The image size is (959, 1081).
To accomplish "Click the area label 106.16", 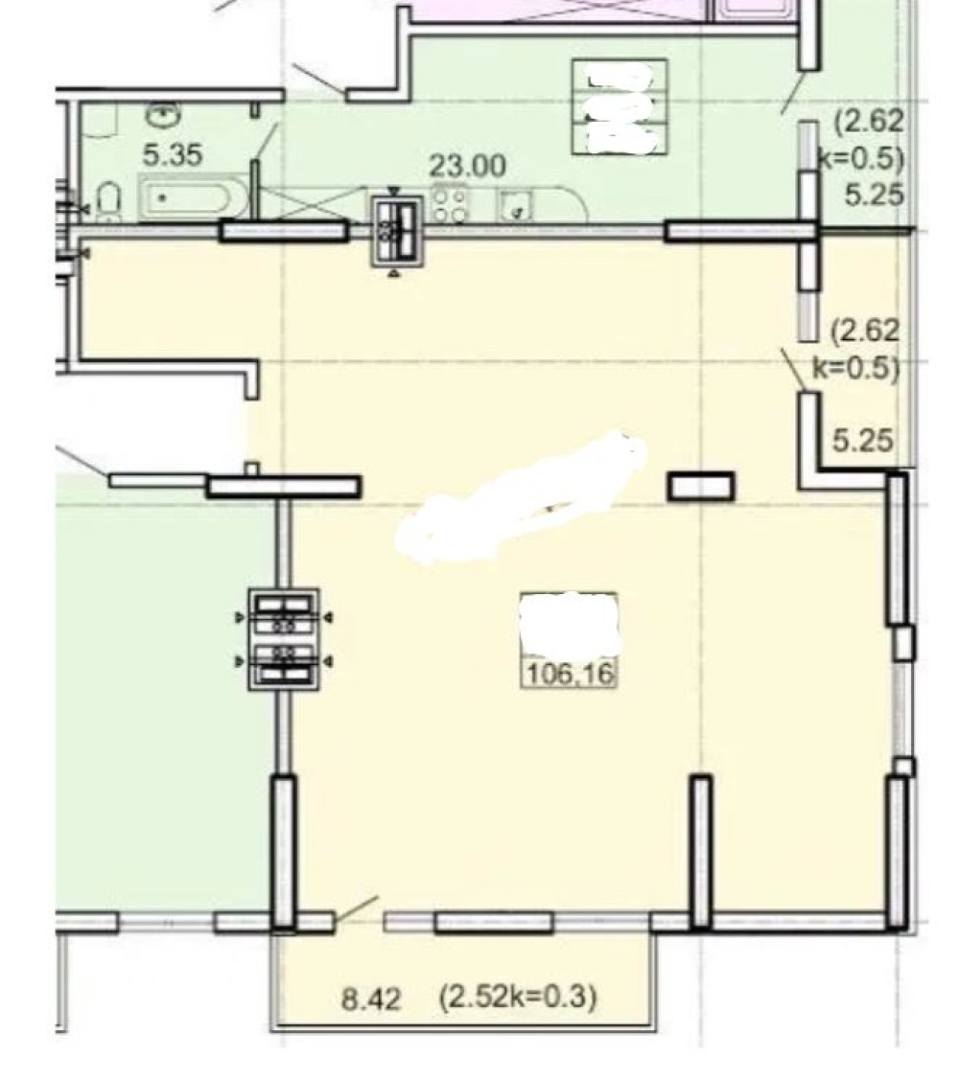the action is (570, 674).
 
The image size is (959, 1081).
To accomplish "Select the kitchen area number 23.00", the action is (468, 166).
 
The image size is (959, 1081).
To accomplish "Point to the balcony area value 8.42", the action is (371, 999).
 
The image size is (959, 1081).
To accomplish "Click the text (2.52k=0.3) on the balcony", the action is (518, 997).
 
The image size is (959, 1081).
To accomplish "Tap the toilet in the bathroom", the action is (109, 200).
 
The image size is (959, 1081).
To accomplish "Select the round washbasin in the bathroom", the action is (161, 114).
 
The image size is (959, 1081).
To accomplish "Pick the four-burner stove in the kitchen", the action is (449, 205).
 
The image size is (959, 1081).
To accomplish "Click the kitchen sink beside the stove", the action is (516, 205).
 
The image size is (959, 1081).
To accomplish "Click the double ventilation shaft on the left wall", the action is (284, 639).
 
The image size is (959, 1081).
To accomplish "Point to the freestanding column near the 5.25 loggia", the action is (700, 486).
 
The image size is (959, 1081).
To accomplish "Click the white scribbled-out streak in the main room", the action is (521, 498).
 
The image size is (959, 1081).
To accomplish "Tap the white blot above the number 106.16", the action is (570, 624).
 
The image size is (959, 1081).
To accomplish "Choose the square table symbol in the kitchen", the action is (620, 107).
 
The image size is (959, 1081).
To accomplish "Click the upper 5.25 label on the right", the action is (875, 195).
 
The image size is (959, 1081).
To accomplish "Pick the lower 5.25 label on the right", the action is (862, 441).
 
